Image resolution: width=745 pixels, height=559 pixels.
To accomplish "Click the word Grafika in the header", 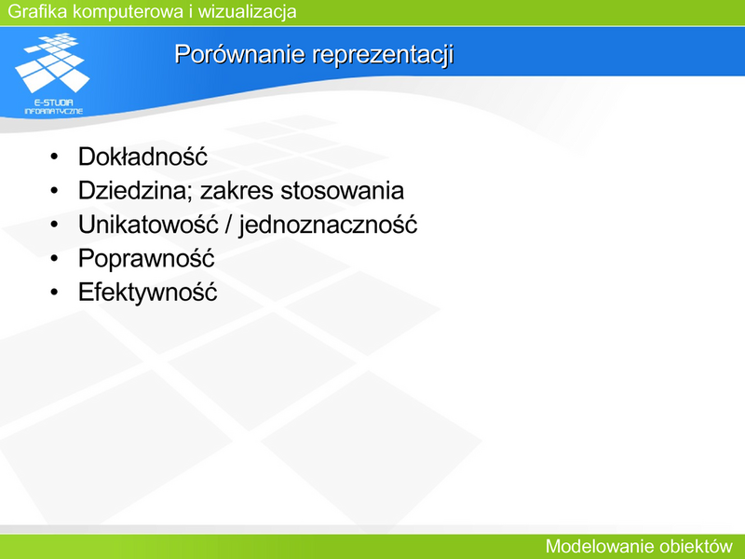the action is click(x=37, y=11).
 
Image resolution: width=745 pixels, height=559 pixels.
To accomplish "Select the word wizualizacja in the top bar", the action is click(x=247, y=11).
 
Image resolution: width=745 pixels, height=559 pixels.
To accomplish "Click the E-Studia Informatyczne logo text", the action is click(x=54, y=106).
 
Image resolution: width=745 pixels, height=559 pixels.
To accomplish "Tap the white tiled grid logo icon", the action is click(x=52, y=62).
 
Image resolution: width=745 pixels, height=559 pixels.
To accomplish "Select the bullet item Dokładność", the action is click(x=142, y=157).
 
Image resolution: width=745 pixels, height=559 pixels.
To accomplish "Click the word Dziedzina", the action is click(x=135, y=191).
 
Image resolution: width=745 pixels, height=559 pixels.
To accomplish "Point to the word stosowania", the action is click(x=342, y=191).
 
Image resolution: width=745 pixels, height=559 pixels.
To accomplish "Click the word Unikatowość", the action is click(x=148, y=225).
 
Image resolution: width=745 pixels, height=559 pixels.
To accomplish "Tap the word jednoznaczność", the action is click(x=328, y=225).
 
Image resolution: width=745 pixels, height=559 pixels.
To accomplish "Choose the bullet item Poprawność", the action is click(x=146, y=258).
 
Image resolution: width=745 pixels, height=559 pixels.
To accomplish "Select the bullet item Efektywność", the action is click(x=148, y=292).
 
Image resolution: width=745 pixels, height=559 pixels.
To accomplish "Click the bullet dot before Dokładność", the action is click(x=54, y=157).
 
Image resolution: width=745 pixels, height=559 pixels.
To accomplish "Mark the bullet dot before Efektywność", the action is click(x=54, y=293).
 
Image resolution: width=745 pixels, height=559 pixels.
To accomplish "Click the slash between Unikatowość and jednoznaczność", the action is click(x=228, y=225).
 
